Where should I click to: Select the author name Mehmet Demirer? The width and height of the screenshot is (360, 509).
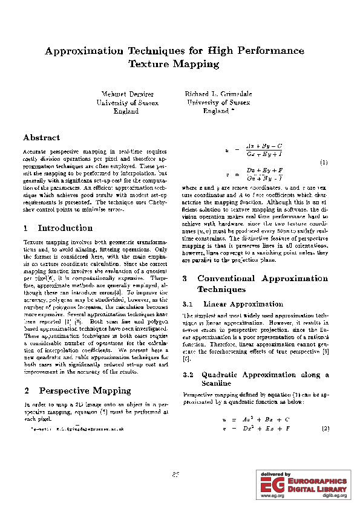coord(128,95)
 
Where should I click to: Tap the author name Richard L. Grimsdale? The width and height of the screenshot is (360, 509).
coord(218,95)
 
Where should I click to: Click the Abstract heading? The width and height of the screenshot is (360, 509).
coord(41,138)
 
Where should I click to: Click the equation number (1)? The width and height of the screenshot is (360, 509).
coord(324,163)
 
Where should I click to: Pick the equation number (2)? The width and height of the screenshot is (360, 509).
coord(325,429)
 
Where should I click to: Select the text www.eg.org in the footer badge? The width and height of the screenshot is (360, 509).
coord(272,496)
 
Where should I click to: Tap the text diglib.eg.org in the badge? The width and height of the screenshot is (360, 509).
coord(334,496)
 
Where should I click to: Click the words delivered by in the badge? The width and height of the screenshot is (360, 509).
coord(276,475)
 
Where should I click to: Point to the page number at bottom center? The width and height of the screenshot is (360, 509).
coord(176,475)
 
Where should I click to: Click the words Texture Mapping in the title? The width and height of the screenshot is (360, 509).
coord(174,63)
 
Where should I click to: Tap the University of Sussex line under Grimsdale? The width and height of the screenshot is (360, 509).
coord(218,103)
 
